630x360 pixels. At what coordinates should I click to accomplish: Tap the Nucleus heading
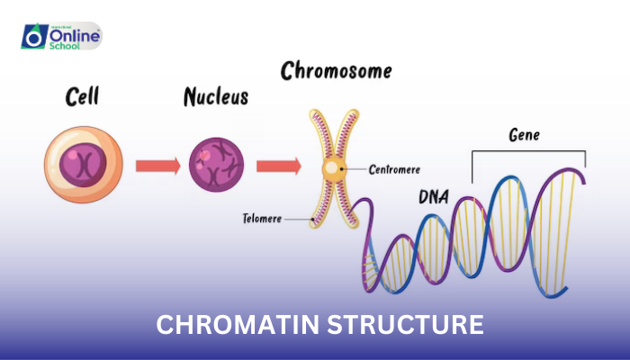pos(216,97)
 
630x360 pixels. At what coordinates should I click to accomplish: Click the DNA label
pos(436,197)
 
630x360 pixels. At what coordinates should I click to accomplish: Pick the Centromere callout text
pos(393,168)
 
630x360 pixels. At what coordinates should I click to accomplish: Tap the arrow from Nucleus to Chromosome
pos(278,166)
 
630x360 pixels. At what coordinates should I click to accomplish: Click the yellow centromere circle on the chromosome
pos(332,167)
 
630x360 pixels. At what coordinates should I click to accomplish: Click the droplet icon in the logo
pos(34,37)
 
